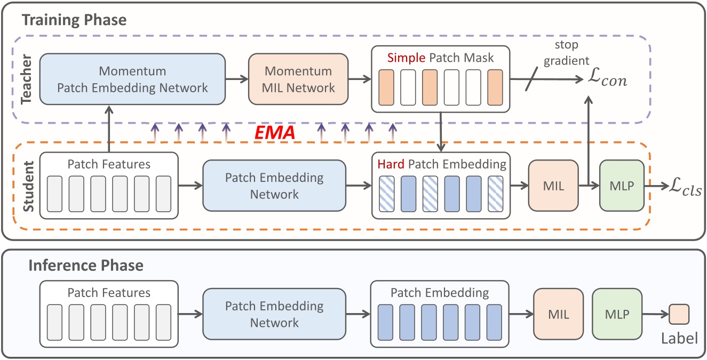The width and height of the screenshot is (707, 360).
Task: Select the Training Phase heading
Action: [x=74, y=21]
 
